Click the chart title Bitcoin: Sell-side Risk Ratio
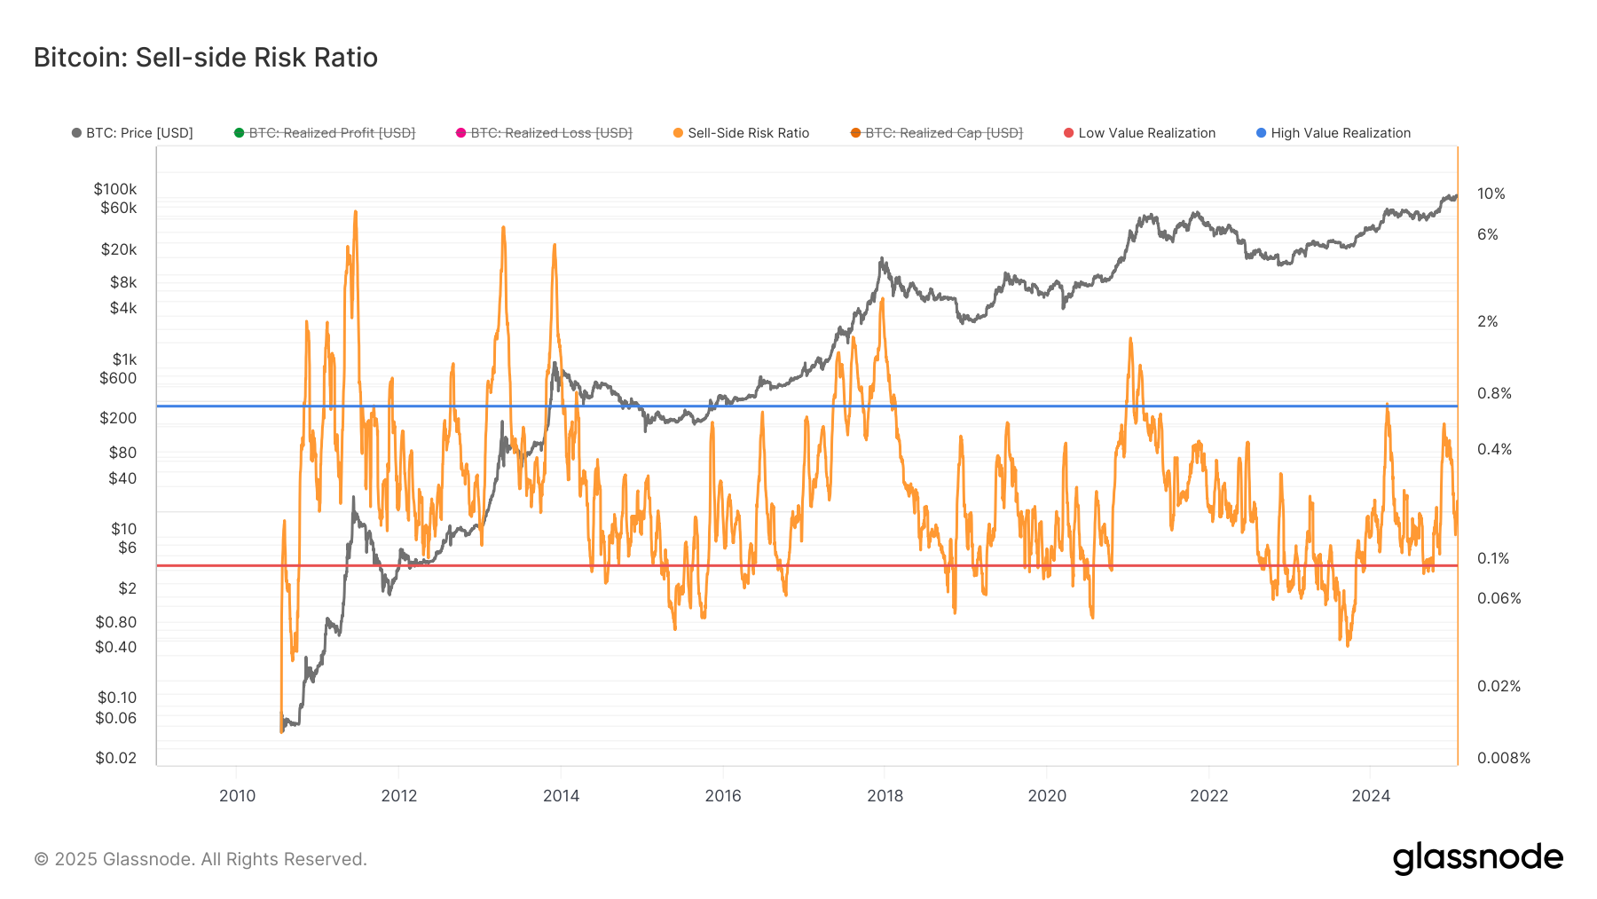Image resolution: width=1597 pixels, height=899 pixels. coord(206,58)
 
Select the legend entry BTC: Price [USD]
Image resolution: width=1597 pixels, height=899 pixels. coord(133,133)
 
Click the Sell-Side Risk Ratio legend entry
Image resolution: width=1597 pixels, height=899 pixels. coord(742,133)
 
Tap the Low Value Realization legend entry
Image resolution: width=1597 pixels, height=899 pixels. coord(1140,133)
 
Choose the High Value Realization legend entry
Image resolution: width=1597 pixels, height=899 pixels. coord(1333,133)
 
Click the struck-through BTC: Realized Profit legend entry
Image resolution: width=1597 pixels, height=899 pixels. coord(325,133)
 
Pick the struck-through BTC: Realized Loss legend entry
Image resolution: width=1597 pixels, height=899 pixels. coord(544,133)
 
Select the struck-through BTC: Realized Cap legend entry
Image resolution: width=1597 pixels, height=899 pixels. coord(937,133)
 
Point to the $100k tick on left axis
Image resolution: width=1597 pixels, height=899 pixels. coord(115,189)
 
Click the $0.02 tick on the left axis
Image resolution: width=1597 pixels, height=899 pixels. coord(116,758)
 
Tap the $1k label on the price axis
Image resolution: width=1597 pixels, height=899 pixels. coord(124,359)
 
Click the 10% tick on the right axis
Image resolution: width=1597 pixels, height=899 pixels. coord(1491,193)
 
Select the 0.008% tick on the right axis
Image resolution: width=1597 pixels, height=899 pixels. coord(1503,758)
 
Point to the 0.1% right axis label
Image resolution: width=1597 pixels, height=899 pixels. coord(1492,558)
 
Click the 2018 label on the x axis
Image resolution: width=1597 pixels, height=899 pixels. coord(885,796)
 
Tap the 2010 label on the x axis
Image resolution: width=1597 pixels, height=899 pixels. coord(237,796)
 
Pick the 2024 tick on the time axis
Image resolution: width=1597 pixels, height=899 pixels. coord(1370,796)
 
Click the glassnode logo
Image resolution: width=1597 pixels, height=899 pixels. coord(1477,858)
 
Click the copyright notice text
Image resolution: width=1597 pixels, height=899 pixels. coord(201,859)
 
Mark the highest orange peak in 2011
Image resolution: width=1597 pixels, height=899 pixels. coord(356,212)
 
